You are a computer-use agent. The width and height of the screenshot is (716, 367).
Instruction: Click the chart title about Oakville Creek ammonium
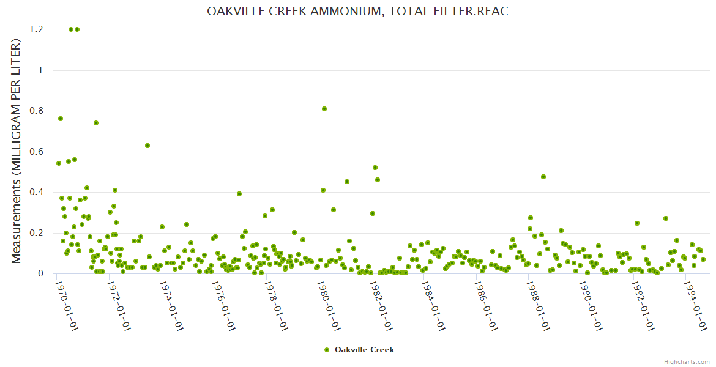point(357,12)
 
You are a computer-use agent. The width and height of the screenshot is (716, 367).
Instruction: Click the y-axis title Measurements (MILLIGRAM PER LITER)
point(17,151)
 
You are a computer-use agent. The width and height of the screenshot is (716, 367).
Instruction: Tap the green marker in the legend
point(327,350)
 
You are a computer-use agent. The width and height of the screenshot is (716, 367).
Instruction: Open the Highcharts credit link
point(687,361)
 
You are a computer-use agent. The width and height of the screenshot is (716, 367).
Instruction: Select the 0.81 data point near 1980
point(324,109)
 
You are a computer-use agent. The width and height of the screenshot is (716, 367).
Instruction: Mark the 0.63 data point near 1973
point(147,146)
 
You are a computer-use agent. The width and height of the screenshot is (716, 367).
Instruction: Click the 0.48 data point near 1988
point(543,177)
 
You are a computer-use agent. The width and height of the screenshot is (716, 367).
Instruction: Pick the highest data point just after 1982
point(375,168)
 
